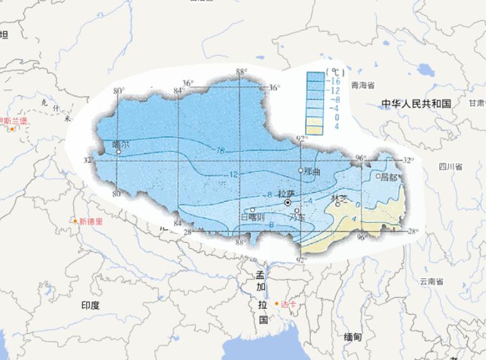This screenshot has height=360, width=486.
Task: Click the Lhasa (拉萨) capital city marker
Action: pyautogui.click(x=288, y=202)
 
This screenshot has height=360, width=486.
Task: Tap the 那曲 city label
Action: pyautogui.click(x=312, y=171)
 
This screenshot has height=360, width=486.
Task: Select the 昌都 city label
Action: pyautogui.click(x=389, y=177)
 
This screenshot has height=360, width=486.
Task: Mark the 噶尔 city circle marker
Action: pyautogui.click(x=118, y=152)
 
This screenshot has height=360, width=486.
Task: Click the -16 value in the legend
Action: pyautogui.click(x=335, y=82)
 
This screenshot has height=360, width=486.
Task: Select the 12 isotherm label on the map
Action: pyautogui.click(x=234, y=174)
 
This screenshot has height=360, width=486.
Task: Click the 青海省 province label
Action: pyautogui.click(x=364, y=85)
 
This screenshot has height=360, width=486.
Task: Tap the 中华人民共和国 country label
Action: pyautogui.click(x=416, y=103)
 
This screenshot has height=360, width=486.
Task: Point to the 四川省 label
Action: pyautogui.click(x=450, y=167)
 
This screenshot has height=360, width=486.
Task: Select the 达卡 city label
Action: pyautogui.click(x=288, y=304)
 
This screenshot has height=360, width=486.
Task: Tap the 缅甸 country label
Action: pyautogui.click(x=352, y=337)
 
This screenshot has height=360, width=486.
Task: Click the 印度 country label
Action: pyautogui.click(x=90, y=305)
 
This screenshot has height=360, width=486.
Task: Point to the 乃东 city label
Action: pyautogui.click(x=297, y=217)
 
